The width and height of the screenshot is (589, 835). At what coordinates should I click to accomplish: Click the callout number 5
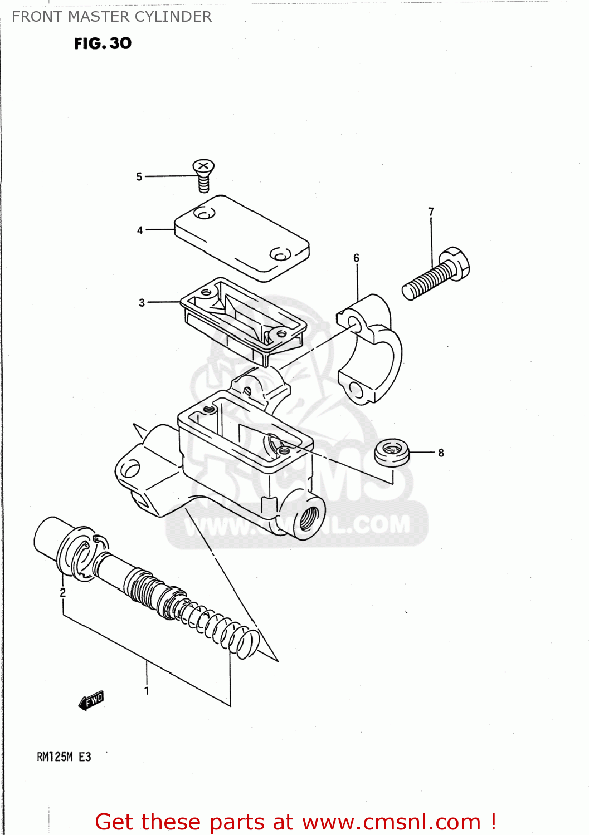[x=139, y=176]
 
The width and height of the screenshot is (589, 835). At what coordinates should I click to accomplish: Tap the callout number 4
[x=140, y=230]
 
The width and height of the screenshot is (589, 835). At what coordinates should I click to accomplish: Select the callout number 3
[x=142, y=302]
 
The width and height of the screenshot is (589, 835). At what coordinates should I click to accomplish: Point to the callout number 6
[x=357, y=258]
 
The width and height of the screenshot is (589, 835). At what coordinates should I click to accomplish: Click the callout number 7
[x=431, y=212]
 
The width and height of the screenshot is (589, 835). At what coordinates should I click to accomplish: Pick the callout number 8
[x=441, y=453]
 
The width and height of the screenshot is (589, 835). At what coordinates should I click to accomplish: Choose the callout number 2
[x=62, y=592]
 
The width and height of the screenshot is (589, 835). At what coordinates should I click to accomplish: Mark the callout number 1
[x=147, y=690]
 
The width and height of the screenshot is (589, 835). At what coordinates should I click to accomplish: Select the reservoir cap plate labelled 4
[x=241, y=238]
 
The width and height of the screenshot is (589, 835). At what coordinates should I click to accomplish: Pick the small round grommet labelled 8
[x=391, y=451]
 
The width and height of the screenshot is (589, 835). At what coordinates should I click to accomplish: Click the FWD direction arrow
[x=91, y=701]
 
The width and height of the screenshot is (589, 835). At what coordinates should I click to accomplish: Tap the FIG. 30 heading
[x=103, y=43]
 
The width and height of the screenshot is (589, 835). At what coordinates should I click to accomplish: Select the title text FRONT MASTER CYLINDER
[x=111, y=17]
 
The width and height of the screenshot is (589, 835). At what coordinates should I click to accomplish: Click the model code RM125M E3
[x=64, y=757]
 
